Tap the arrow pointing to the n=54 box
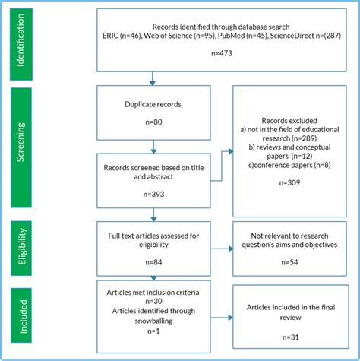point(220,247)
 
